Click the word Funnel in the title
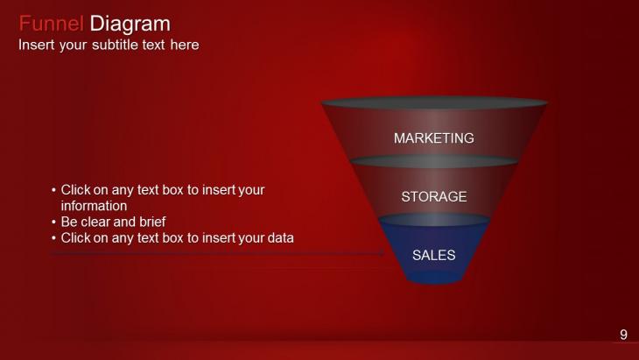pos(52,24)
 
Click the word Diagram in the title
pos(130,24)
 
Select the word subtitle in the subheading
pos(115,45)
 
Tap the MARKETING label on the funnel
pos(433,138)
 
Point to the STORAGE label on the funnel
pos(434,196)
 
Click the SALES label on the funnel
pos(433,255)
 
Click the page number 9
pos(623,335)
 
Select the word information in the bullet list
pos(94,206)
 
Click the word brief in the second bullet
pos(152,222)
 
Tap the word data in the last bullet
pos(280,237)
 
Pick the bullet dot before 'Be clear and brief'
pos(53,222)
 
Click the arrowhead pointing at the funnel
pos(382,254)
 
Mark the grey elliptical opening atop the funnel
pos(434,102)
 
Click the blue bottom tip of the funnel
pos(434,278)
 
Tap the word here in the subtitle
pos(185,45)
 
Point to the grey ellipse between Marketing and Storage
pos(434,161)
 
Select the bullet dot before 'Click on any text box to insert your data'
pos(53,238)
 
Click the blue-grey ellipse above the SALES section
pos(434,219)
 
